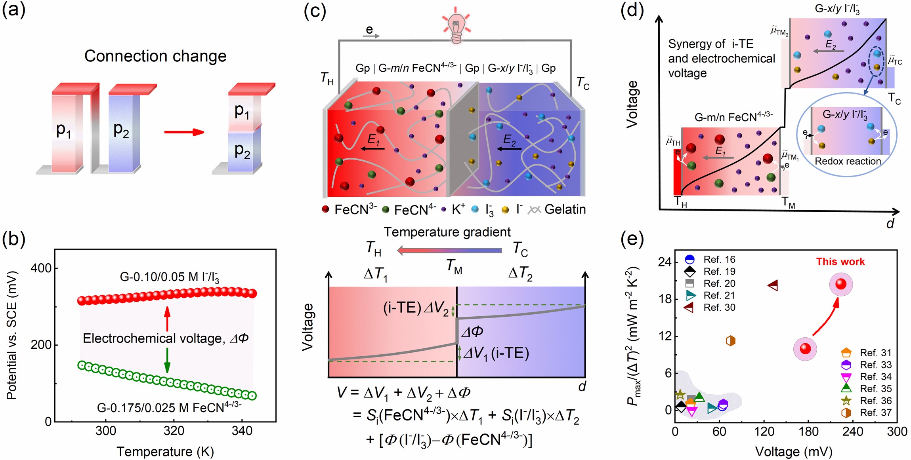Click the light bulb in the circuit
point(456,27)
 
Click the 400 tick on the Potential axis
point(41,268)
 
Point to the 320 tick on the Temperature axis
point(174,431)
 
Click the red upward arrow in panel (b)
point(167,318)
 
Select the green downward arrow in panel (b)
point(167,360)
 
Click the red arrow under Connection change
point(184,132)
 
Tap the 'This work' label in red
point(840,262)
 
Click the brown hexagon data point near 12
point(730,341)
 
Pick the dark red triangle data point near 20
point(773,285)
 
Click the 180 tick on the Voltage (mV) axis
point(808,431)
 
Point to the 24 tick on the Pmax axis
point(665,262)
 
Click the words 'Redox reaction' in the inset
point(848,162)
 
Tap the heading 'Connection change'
point(155,56)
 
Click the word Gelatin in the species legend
point(565,209)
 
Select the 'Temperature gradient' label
point(447,232)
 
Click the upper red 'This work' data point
point(840,284)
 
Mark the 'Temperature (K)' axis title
point(165,452)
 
